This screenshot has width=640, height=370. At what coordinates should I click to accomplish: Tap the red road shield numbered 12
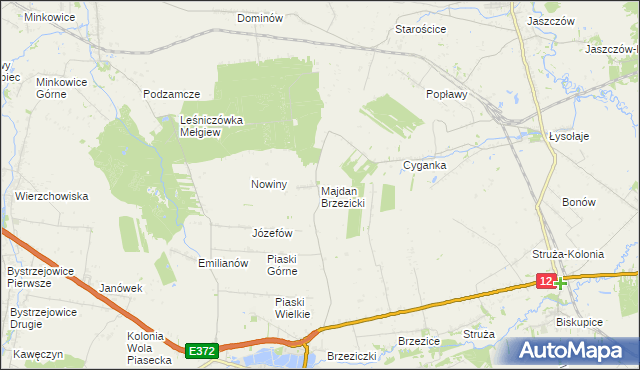[x=545, y=282]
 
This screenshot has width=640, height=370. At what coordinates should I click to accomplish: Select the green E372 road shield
[x=201, y=350]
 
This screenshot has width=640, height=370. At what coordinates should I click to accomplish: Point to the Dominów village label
[x=261, y=18]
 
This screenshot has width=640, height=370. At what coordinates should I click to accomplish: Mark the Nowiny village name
[x=269, y=184]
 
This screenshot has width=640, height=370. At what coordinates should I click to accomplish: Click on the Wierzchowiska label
[x=52, y=196]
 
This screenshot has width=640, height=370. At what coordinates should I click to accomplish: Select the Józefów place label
[x=272, y=232]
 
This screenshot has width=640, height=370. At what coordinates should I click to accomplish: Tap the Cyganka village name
[x=423, y=165]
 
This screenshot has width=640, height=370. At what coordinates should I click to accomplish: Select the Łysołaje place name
[x=569, y=136]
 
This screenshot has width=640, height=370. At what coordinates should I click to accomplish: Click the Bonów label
[x=579, y=201]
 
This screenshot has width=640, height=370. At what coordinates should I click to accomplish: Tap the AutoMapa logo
[x=572, y=350]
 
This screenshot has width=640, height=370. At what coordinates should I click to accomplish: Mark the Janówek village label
[x=121, y=288]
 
